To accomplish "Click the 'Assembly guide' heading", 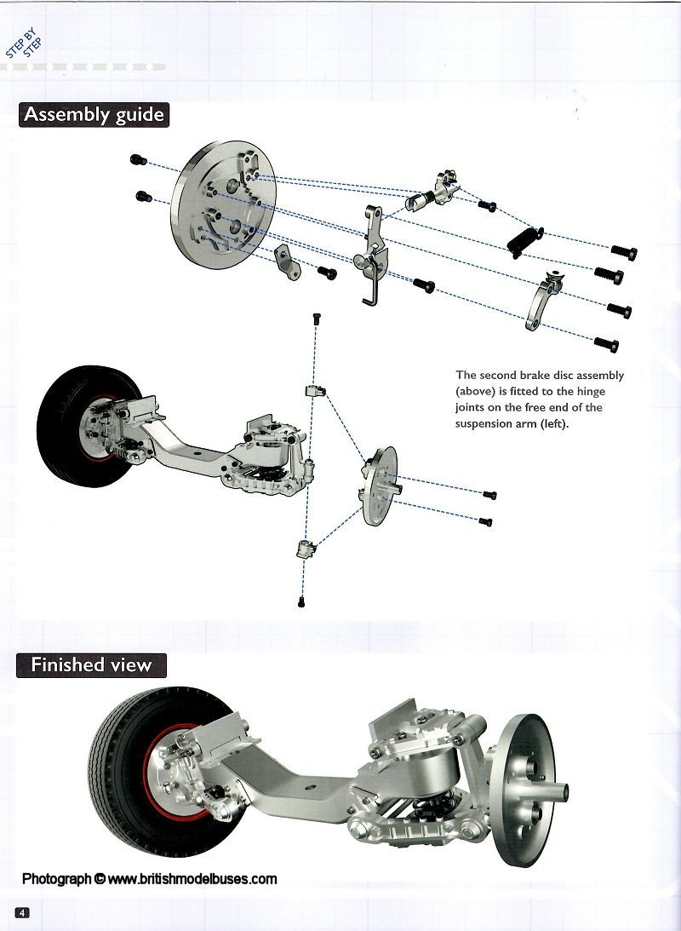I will coord(94,115).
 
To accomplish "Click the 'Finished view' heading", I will coord(91,665).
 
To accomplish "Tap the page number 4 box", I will coord(22,912).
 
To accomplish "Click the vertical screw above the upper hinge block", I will coord(316,319).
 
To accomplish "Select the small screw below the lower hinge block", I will coord(303,602).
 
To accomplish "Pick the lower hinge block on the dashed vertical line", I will coord(305,548).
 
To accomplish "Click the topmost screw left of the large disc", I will coord(139,160).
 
